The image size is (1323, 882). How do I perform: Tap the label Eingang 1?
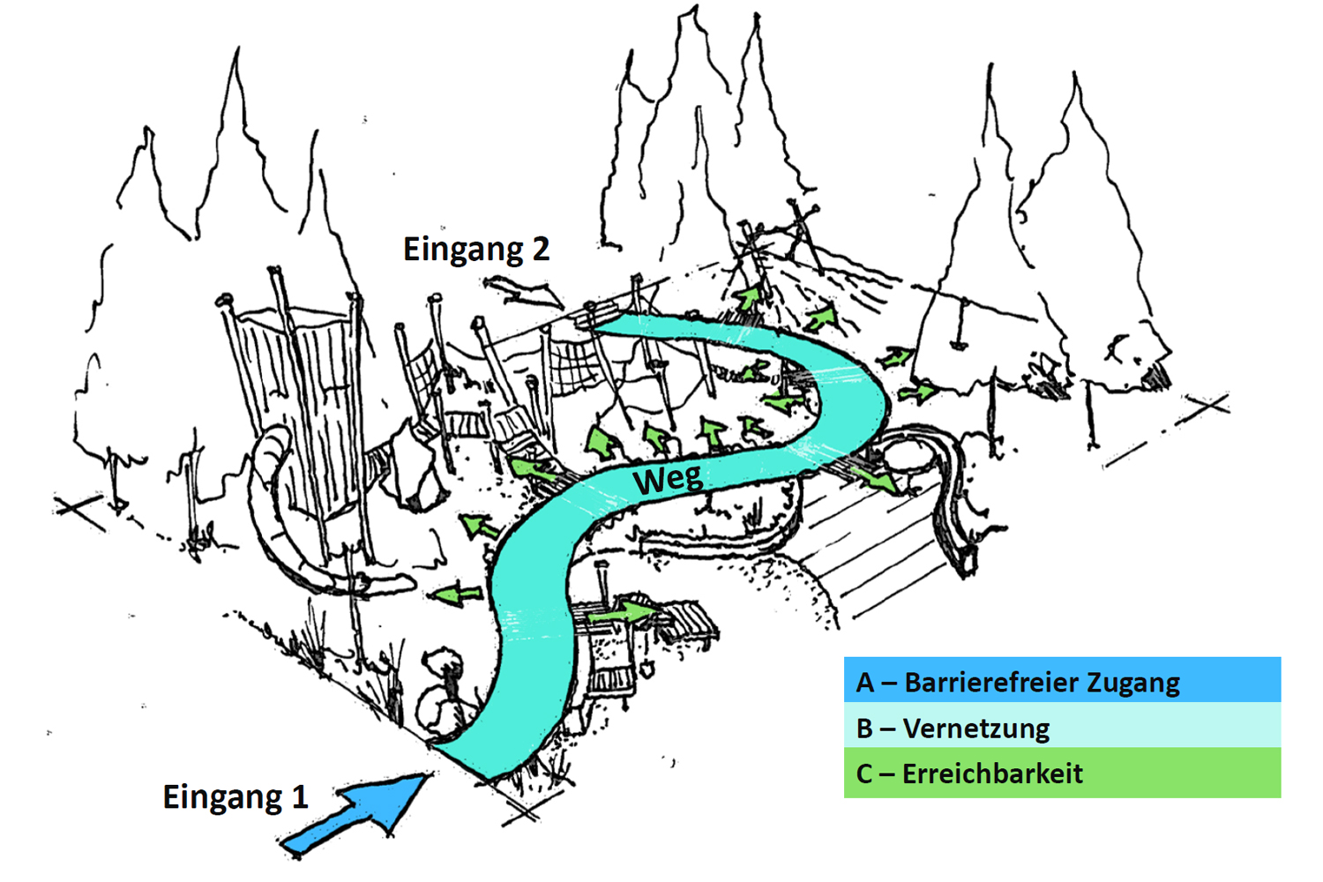pos(235,796)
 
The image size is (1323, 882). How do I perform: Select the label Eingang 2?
pos(476,250)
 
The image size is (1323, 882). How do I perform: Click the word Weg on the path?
pos(668,480)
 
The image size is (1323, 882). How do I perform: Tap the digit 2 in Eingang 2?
pos(541,249)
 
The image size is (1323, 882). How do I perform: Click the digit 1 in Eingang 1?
pos(300,796)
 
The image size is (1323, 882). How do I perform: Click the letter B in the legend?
pos(864,729)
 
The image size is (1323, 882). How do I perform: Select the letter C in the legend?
pos(864,774)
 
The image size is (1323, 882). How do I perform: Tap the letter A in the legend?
pos(865,683)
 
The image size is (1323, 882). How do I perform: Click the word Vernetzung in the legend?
pos(976,729)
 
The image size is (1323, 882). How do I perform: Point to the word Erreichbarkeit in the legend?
pos(992,774)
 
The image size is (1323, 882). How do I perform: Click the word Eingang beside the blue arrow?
pos(222,797)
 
